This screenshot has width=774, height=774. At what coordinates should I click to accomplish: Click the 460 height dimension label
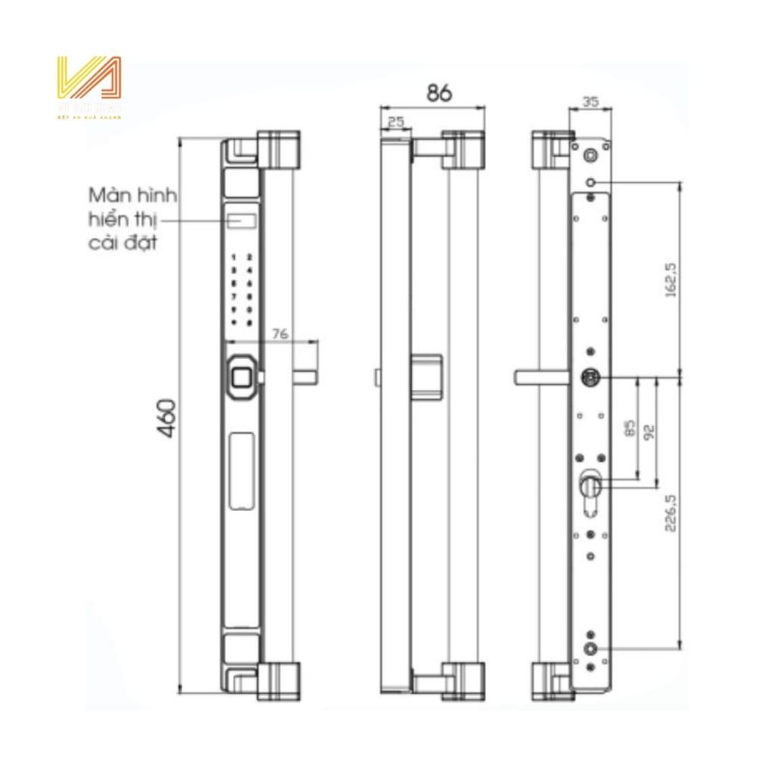[168, 417]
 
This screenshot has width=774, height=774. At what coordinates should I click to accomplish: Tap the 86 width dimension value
[438, 93]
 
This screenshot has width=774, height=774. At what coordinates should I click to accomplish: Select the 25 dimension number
[395, 122]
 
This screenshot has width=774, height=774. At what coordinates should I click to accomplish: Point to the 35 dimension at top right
[591, 100]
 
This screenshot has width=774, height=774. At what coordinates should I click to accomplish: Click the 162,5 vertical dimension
[668, 281]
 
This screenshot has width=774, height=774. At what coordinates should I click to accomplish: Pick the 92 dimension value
[647, 431]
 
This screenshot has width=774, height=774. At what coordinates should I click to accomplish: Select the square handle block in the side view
[427, 376]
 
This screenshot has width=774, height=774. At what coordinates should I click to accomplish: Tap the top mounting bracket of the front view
[277, 150]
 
